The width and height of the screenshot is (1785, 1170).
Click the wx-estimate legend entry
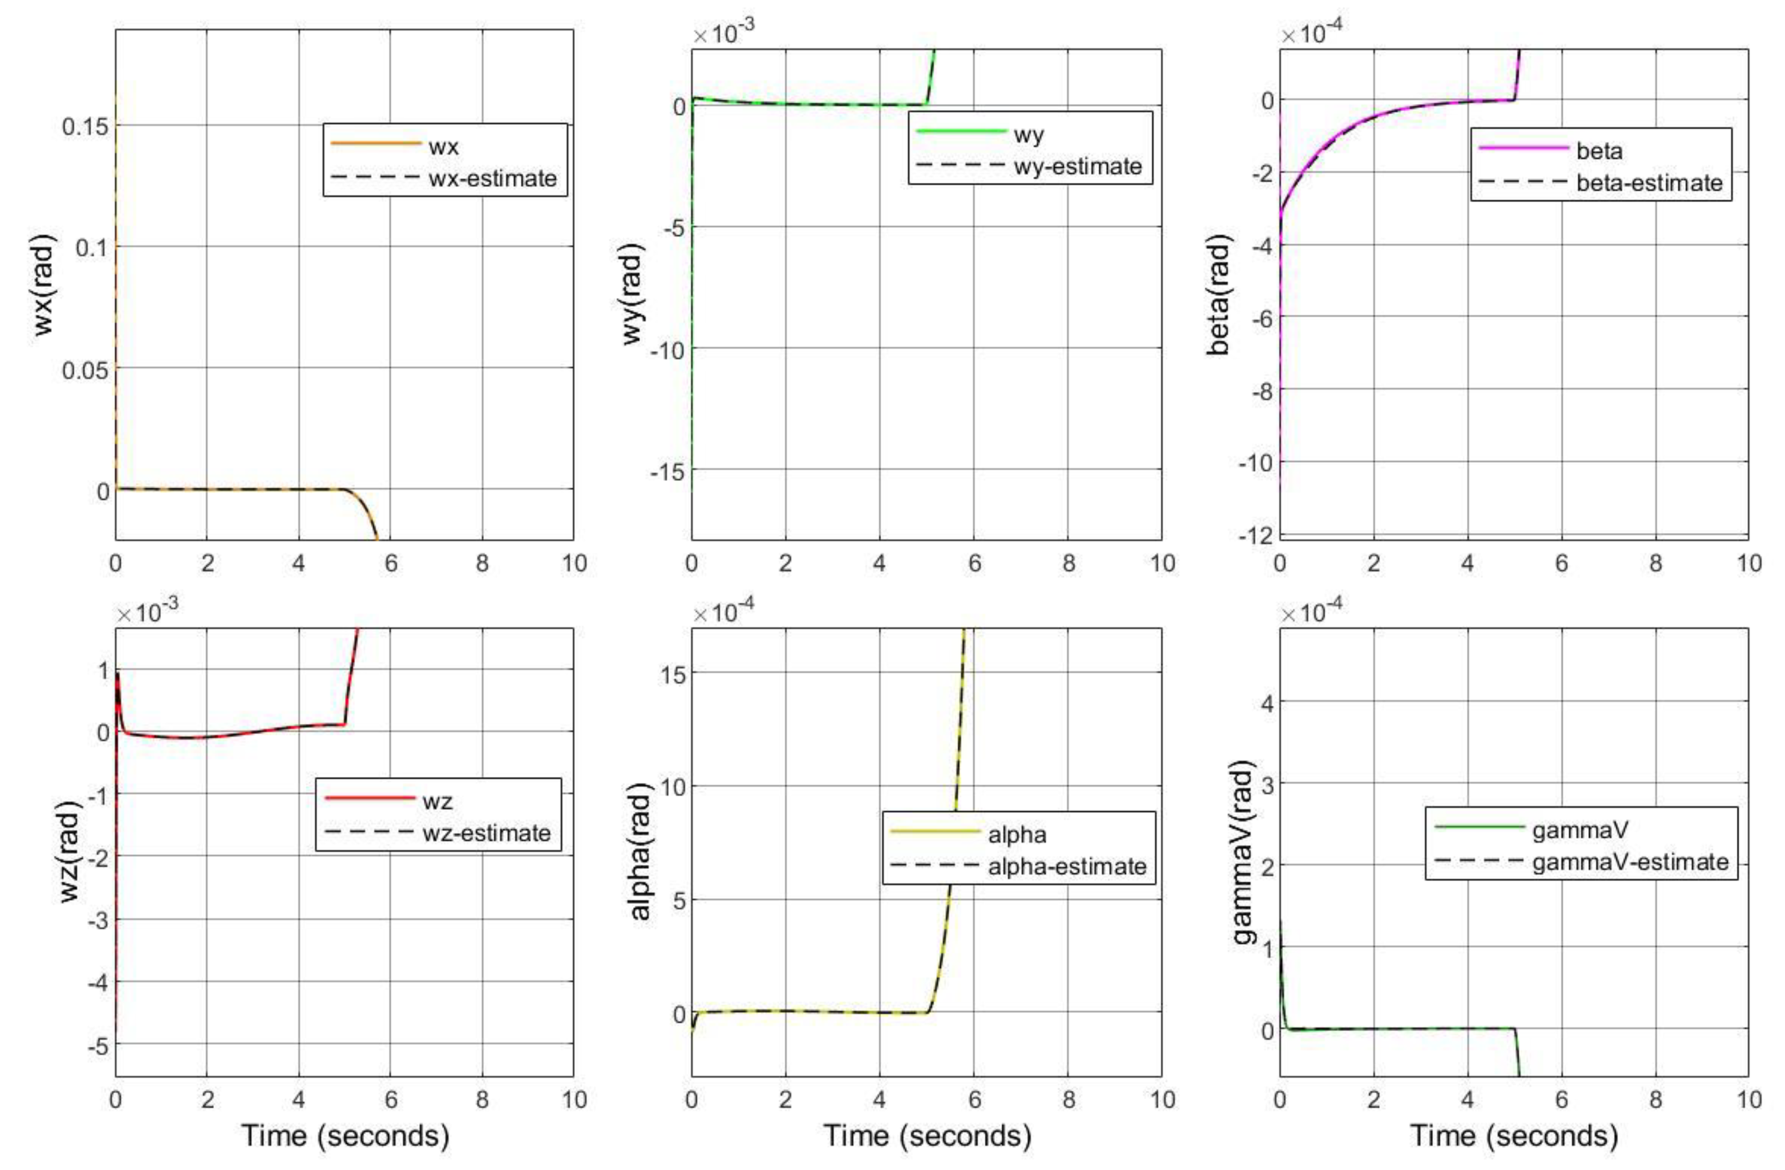(x=492, y=179)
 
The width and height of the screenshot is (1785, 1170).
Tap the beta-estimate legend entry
(x=1649, y=183)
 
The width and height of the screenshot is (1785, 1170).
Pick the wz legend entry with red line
(x=437, y=802)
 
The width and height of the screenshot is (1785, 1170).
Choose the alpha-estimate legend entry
(x=1066, y=867)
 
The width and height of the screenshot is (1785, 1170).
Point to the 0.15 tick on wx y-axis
(x=85, y=126)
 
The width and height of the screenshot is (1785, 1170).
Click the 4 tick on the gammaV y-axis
(x=1265, y=702)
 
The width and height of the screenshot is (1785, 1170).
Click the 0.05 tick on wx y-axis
(x=85, y=369)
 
